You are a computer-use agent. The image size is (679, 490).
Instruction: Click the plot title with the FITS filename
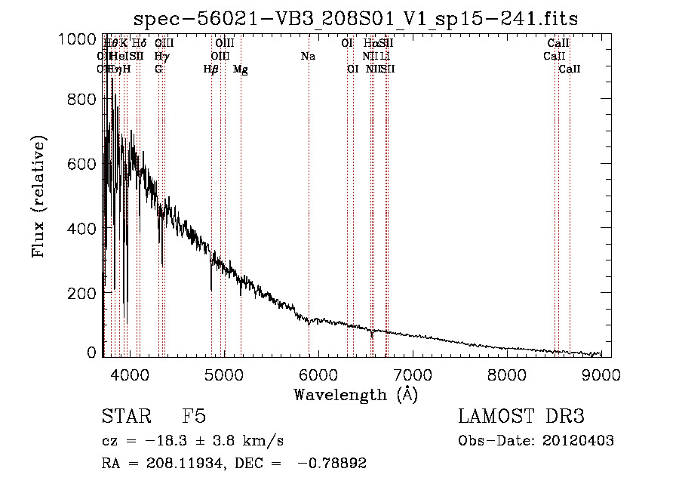pyautogui.click(x=355, y=19)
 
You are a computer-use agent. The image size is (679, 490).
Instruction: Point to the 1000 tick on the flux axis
pyautogui.click(x=78, y=39)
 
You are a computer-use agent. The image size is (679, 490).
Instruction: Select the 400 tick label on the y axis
pyautogui.click(x=78, y=228)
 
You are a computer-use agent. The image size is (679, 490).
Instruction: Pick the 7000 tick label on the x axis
pyautogui.click(x=413, y=373)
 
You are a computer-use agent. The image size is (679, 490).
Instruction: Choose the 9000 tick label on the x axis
pyautogui.click(x=602, y=373)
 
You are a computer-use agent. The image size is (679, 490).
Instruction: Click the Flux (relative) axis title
pyautogui.click(x=38, y=197)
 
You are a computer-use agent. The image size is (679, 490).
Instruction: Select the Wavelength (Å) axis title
pyautogui.click(x=355, y=393)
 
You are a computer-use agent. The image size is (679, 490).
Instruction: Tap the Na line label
pyautogui.click(x=308, y=57)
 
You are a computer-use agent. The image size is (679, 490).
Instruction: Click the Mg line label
pyautogui.click(x=241, y=69)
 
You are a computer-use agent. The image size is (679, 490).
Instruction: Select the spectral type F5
pyautogui.click(x=194, y=417)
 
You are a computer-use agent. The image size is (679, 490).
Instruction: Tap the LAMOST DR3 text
pyautogui.click(x=521, y=417)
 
